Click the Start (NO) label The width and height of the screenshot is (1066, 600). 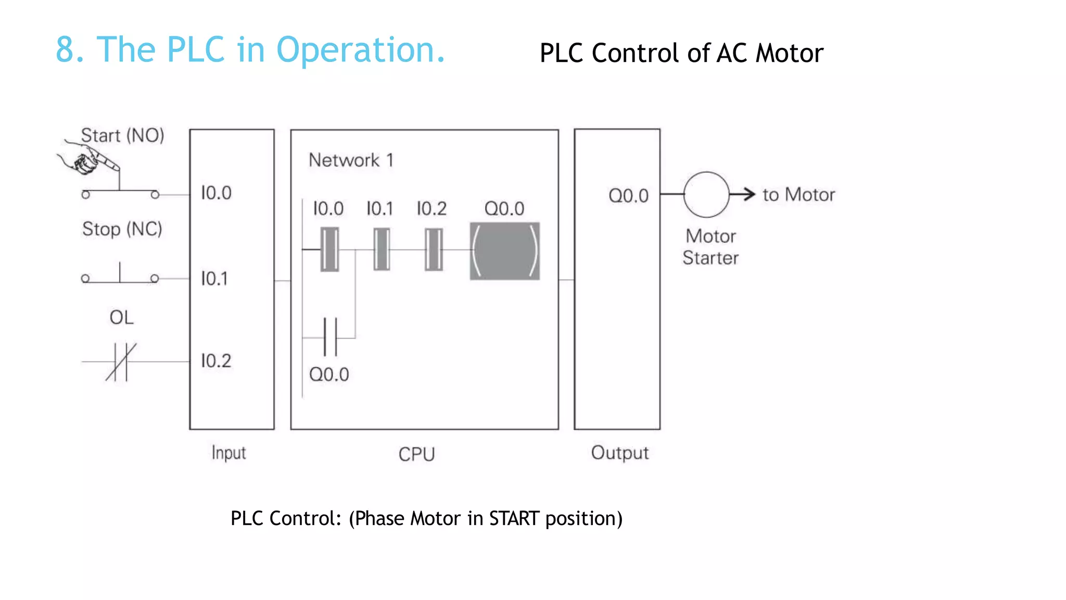pyautogui.click(x=122, y=135)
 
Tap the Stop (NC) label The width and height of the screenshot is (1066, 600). pyautogui.click(x=122, y=229)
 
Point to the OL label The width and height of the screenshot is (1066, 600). pyautogui.click(x=121, y=317)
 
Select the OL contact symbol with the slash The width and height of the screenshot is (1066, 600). pyautogui.click(x=121, y=361)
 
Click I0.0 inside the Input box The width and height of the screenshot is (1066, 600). pyautogui.click(x=216, y=193)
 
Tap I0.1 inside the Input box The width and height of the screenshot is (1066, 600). pyautogui.click(x=214, y=279)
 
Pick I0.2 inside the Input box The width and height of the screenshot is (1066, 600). pyautogui.click(x=216, y=361)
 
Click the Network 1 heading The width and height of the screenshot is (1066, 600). pyautogui.click(x=351, y=160)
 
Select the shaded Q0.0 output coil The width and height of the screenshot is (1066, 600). pyautogui.click(x=504, y=251)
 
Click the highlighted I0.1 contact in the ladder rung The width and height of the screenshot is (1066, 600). pyautogui.click(x=382, y=249)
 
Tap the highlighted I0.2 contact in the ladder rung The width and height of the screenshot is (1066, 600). pyautogui.click(x=433, y=249)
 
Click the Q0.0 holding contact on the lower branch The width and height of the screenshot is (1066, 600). pyautogui.click(x=330, y=337)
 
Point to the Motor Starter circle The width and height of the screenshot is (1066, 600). pyautogui.click(x=706, y=195)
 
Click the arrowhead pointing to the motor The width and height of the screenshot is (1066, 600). pyautogui.click(x=749, y=194)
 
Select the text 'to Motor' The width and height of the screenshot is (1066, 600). pyautogui.click(x=798, y=195)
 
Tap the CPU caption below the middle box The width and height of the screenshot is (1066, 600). pyautogui.click(x=416, y=454)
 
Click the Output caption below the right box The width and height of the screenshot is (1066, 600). pyautogui.click(x=620, y=453)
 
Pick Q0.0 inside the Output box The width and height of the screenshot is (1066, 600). pyautogui.click(x=628, y=196)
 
